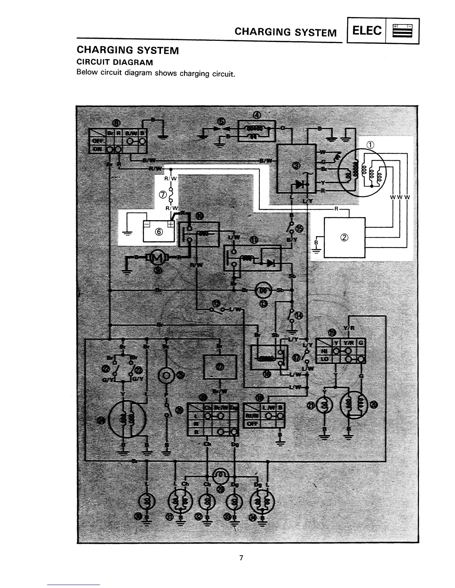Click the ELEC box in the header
[x=366, y=31]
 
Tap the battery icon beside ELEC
[x=403, y=31]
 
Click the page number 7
[x=241, y=558]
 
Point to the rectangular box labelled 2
[x=344, y=238]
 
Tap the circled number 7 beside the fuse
[x=162, y=194]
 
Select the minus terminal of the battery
[x=147, y=225]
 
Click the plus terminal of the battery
[x=171, y=225]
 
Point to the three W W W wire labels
[x=400, y=197]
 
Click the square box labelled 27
[x=220, y=367]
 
